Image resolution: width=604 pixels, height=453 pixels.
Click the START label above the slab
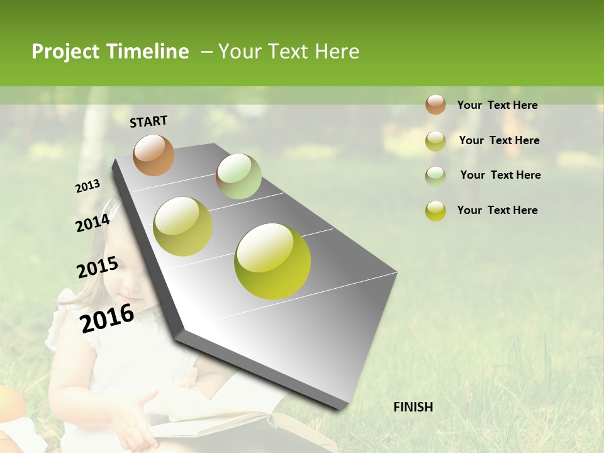tap(148, 121)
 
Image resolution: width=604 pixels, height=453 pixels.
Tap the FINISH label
tap(413, 407)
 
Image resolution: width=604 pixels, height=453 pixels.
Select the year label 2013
tap(87, 186)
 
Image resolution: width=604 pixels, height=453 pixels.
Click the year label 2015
tap(98, 267)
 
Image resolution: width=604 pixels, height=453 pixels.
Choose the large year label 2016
tap(107, 318)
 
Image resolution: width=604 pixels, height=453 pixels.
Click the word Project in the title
tap(65, 52)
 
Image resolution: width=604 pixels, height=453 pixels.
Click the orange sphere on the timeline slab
tap(154, 155)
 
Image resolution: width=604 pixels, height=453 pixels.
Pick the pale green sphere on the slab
tap(238, 176)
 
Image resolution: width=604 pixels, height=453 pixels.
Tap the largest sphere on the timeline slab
tap(272, 261)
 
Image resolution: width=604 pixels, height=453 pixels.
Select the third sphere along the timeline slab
tap(183, 226)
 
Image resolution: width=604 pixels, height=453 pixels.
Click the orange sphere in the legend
tap(435, 104)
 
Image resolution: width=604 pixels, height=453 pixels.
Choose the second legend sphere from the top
tap(435, 141)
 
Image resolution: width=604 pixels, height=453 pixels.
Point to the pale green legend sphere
tap(435, 176)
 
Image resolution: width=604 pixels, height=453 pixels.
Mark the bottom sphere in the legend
tap(435, 211)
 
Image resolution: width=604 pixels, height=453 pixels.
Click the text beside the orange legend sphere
tap(497, 105)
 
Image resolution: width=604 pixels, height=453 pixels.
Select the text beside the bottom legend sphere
tap(497, 210)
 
